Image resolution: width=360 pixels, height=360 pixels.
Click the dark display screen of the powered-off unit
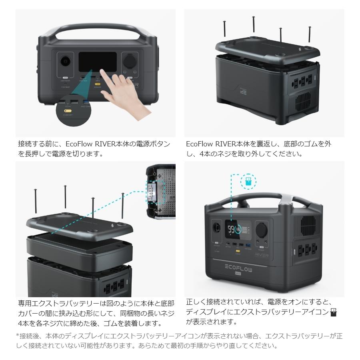[x=97, y=61]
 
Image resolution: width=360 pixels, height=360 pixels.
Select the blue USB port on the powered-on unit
[x=248, y=244]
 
